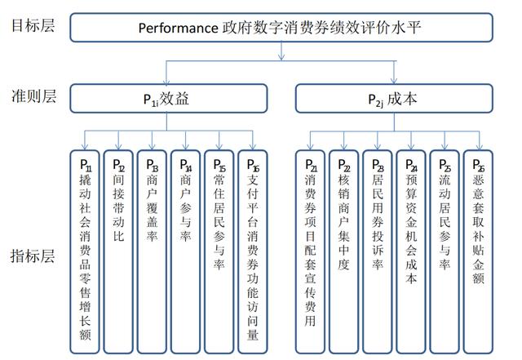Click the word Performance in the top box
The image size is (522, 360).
tap(178, 28)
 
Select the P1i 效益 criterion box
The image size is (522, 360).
tap(169, 98)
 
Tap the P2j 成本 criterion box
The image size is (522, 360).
tap(394, 98)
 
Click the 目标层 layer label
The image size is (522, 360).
tap(33, 25)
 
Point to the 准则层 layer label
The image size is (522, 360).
tap(33, 96)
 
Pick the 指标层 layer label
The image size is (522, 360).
tap(33, 256)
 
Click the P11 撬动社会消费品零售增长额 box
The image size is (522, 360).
tap(85, 251)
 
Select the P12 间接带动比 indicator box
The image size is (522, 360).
tap(118, 251)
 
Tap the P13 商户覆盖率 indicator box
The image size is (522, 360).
tap(152, 251)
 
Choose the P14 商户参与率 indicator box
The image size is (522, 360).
tap(185, 251)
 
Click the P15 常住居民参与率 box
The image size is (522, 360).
tap(219, 251)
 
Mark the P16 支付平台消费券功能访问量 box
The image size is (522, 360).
tap(253, 251)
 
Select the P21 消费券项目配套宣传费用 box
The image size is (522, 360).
tap(310, 251)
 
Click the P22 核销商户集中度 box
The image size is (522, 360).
tap(344, 251)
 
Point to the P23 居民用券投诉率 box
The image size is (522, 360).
tap(377, 251)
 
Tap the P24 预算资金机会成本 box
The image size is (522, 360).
tap(411, 251)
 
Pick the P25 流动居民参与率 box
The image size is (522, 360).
tap(445, 251)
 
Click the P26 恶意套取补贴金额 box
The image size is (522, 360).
tap(478, 251)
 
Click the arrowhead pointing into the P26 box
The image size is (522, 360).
tap(479, 147)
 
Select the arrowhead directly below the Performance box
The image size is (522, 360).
tap(281, 56)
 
